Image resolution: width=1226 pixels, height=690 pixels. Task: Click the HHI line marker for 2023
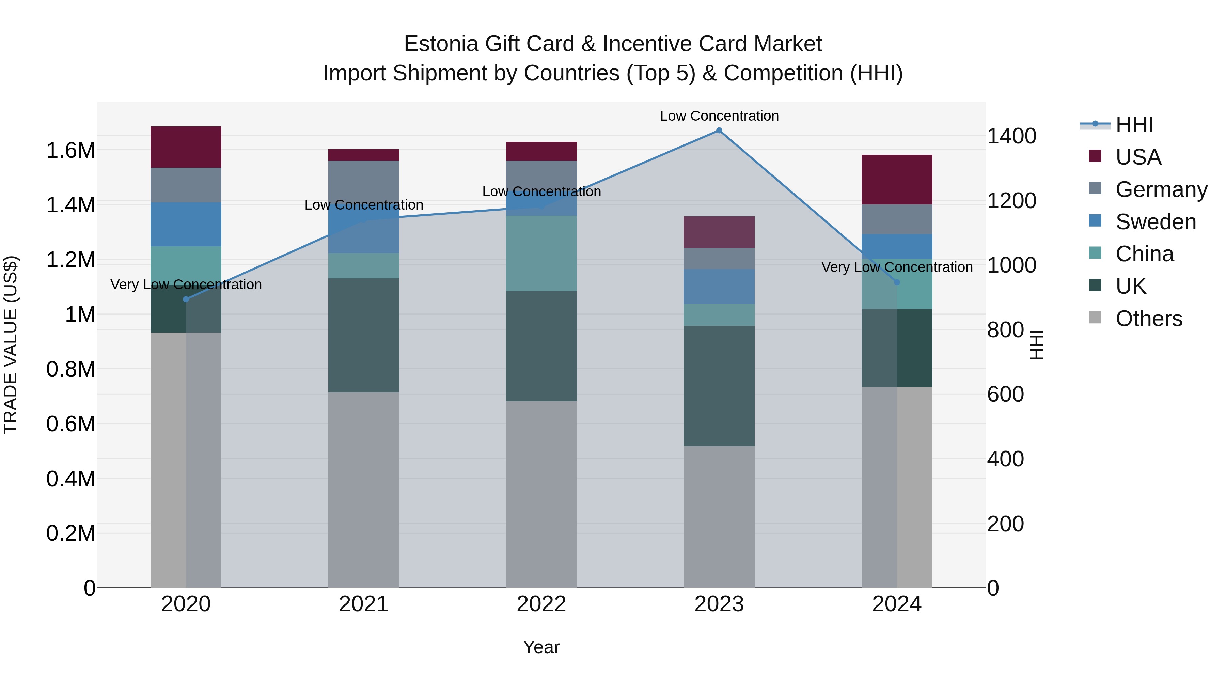point(719,131)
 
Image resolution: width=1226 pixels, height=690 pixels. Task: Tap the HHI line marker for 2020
point(186,299)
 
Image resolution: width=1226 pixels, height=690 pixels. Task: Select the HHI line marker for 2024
point(897,282)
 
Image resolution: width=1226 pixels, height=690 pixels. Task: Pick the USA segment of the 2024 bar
point(897,180)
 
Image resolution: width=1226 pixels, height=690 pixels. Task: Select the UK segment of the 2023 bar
point(719,386)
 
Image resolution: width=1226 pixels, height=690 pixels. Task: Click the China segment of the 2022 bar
point(541,253)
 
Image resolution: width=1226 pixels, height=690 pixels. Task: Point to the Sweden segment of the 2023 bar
point(719,286)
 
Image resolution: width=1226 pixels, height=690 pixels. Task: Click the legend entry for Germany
point(1161,189)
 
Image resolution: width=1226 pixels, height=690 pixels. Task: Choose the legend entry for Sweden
point(1156,221)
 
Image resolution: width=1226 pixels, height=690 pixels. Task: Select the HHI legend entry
point(1134,125)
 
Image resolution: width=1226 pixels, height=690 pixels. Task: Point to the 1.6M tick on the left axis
point(70,151)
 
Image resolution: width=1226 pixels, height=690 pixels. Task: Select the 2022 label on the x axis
point(541,604)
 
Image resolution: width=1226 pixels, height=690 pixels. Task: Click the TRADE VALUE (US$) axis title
point(11,345)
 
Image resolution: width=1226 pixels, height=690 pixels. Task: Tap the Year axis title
point(541,647)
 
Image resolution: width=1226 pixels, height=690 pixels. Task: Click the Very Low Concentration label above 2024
point(897,267)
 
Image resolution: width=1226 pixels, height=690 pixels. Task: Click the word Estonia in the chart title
point(441,44)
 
